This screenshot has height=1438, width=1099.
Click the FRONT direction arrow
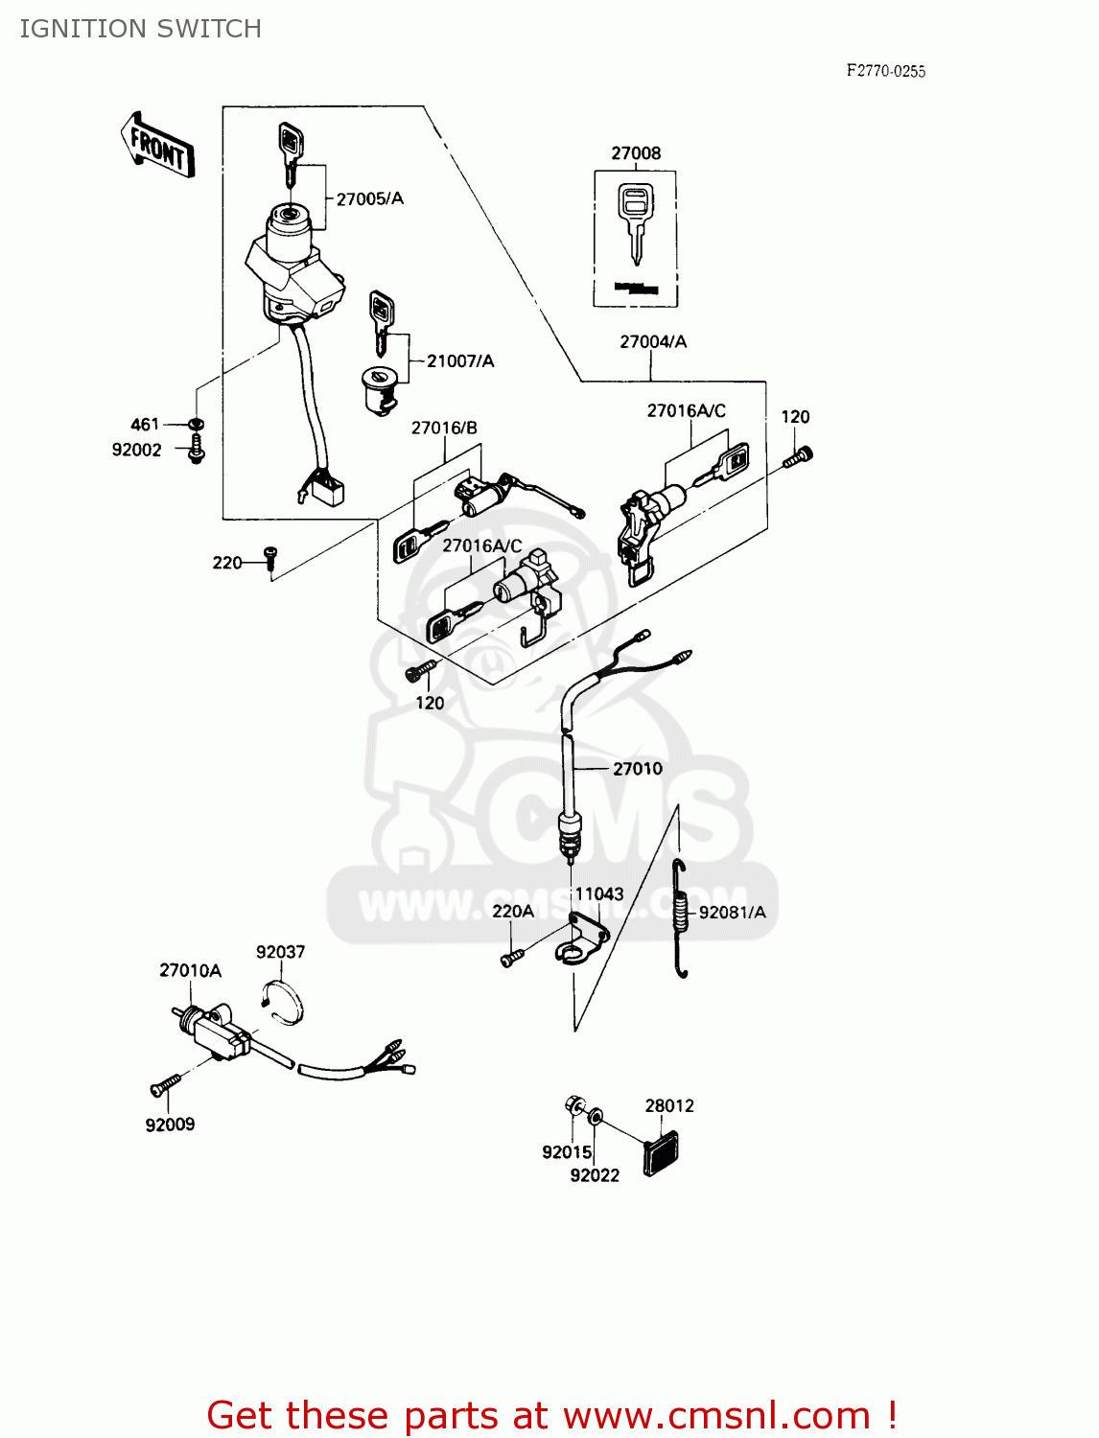(x=159, y=145)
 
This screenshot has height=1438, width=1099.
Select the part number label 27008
(x=636, y=153)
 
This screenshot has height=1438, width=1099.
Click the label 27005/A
(x=369, y=198)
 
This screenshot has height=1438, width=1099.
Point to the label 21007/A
(x=460, y=360)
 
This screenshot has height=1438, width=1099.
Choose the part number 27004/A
(x=653, y=341)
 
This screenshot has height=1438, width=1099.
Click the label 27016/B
(x=444, y=428)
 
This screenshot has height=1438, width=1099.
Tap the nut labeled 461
(x=196, y=424)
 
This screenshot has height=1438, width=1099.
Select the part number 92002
(x=137, y=450)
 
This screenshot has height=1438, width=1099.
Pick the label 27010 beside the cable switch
(x=637, y=768)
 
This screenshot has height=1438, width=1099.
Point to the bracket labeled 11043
(x=582, y=939)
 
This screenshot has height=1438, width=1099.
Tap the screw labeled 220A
(x=511, y=957)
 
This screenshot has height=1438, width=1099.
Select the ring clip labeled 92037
(x=283, y=1000)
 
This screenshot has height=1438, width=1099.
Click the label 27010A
(x=190, y=970)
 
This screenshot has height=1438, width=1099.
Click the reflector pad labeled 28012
(x=661, y=1152)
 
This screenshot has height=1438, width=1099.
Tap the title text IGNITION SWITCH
(x=141, y=29)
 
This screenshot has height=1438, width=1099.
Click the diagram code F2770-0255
(x=885, y=71)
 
